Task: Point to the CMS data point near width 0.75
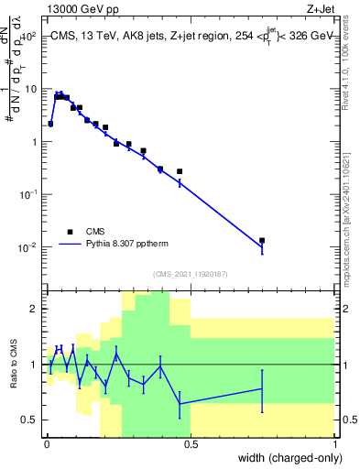pyautogui.click(x=262, y=240)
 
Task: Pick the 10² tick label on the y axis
pyautogui.click(x=27, y=37)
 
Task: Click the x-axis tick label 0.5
pyautogui.click(x=191, y=445)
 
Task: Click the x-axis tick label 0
pyautogui.click(x=46, y=445)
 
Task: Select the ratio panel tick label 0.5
pyautogui.click(x=31, y=420)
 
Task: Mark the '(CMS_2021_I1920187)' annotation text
pyautogui.click(x=191, y=273)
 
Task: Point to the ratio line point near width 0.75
pyautogui.click(x=262, y=388)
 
